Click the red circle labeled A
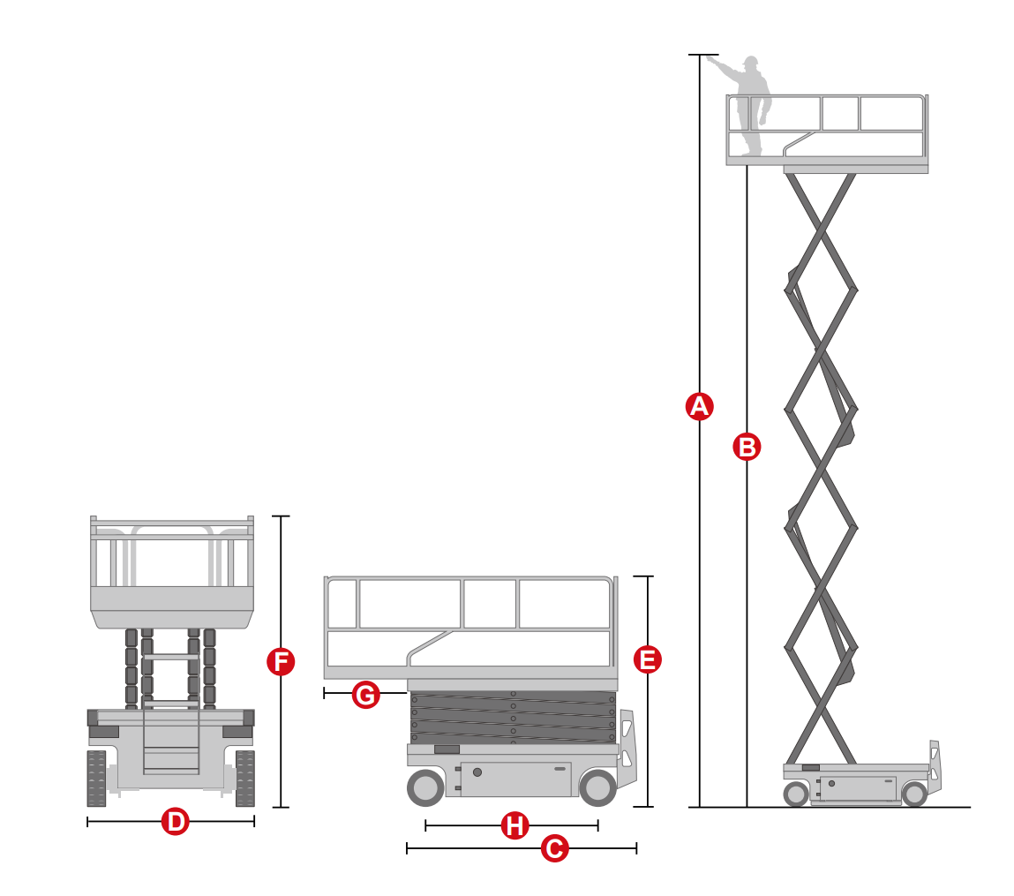pyautogui.click(x=699, y=406)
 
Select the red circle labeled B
pyautogui.click(x=747, y=447)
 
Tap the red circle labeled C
pyautogui.click(x=554, y=848)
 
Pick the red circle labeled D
pyautogui.click(x=176, y=822)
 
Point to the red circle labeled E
pyautogui.click(x=648, y=659)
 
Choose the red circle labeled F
pyautogui.click(x=281, y=662)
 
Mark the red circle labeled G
pyautogui.click(x=366, y=695)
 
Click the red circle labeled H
pyautogui.click(x=515, y=826)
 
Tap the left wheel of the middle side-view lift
pyautogui.click(x=425, y=787)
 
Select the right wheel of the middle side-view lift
pyautogui.click(x=597, y=787)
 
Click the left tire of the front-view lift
pyautogui.click(x=96, y=779)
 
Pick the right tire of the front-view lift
pyautogui.click(x=245, y=779)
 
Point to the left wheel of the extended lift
pyautogui.click(x=795, y=794)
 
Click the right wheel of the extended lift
pyautogui.click(x=914, y=794)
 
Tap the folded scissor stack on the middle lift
pyautogui.click(x=513, y=718)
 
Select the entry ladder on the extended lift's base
pyautogui.click(x=935, y=766)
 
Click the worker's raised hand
pyautogui.click(x=710, y=59)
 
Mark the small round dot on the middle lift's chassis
pyautogui.click(x=477, y=772)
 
